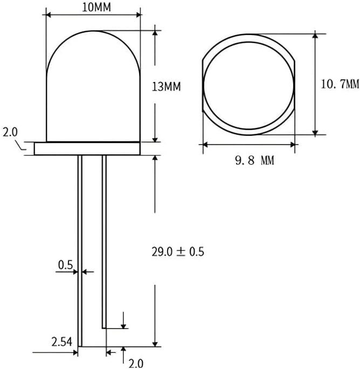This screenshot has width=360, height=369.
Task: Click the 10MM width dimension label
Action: (x=96, y=8)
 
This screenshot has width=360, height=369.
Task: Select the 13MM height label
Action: (x=166, y=87)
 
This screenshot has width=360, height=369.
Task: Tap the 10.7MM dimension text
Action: (x=340, y=84)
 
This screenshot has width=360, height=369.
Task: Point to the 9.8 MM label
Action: (x=255, y=161)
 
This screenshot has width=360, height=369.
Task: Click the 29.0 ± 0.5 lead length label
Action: (x=178, y=251)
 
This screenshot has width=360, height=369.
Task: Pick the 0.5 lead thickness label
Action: (x=65, y=265)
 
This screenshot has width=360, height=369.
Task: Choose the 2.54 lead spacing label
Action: (x=62, y=341)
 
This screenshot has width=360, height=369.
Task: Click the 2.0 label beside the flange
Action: (x=10, y=132)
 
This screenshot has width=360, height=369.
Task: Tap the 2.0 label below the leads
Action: (x=136, y=364)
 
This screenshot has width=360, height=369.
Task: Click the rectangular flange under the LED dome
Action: (x=87, y=148)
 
